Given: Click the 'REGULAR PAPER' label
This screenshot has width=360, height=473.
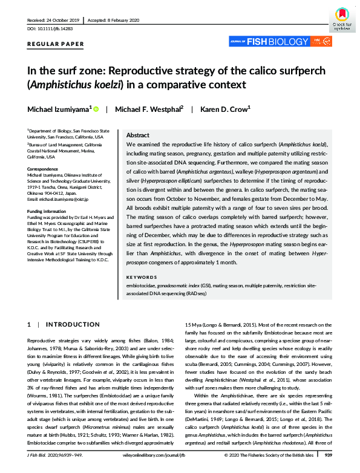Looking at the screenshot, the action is (56, 44).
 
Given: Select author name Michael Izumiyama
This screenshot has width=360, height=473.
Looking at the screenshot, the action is (59, 109).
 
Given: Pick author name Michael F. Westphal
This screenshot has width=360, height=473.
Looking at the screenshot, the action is (148, 109).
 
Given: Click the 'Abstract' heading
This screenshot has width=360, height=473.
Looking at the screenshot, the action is (139, 136).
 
